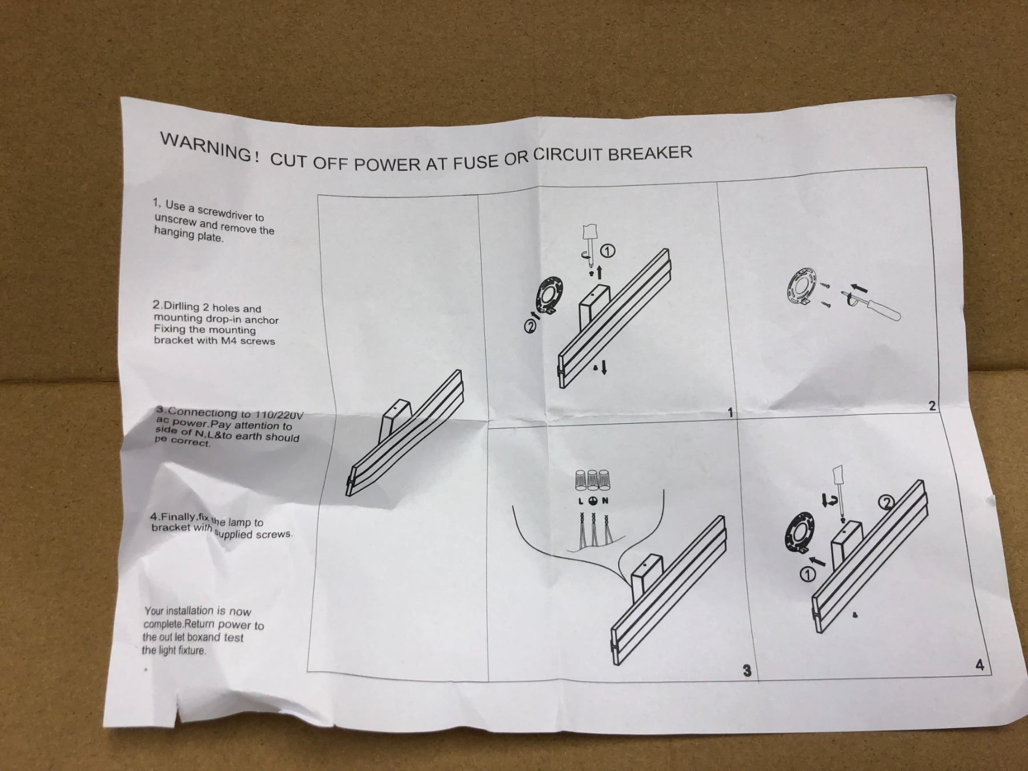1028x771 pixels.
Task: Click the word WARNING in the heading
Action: point(206,147)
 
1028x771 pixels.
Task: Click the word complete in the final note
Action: point(163,624)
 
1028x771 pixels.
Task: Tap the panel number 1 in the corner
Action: point(730,412)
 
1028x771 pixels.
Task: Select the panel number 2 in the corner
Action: point(933,406)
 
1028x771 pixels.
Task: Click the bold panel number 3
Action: point(746,671)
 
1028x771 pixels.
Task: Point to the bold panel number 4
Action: point(980,665)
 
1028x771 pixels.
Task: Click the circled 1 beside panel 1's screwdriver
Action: point(608,250)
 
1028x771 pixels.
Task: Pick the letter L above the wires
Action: point(581,501)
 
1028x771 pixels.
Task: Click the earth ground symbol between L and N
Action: point(592,501)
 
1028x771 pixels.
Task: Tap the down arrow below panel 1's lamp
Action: point(604,367)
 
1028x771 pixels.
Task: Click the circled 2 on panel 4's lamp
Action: point(886,502)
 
